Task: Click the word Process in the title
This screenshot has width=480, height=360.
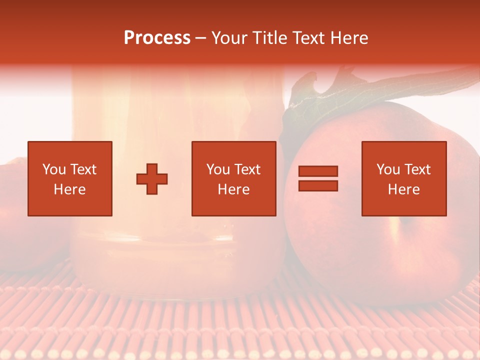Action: tap(157, 38)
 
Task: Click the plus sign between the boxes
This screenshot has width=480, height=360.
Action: tap(152, 179)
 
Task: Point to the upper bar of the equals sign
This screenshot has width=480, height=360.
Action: tap(318, 171)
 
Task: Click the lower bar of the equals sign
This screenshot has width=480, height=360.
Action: tap(318, 186)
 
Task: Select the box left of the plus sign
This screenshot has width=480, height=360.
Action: tap(69, 178)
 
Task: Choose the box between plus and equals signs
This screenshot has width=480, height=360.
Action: tap(233, 178)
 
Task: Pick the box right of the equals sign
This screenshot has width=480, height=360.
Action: tap(403, 178)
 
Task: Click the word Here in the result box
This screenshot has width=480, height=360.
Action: tap(403, 189)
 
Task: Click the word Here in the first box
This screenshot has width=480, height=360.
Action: tap(69, 189)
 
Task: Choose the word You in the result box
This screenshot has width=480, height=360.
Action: tap(389, 169)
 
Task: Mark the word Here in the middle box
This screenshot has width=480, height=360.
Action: tap(233, 189)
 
